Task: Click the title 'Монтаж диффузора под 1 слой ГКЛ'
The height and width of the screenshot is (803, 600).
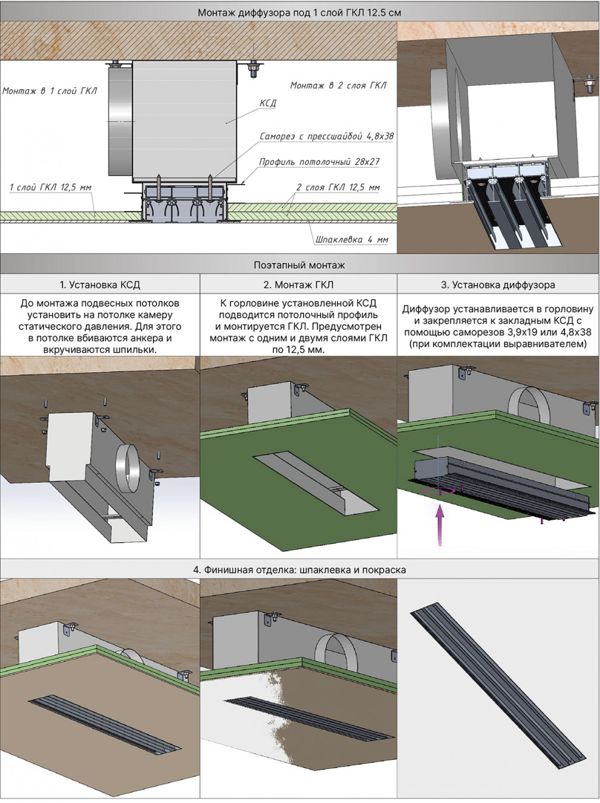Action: coord(281,13)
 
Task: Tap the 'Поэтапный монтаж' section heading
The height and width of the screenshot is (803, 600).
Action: coord(299,265)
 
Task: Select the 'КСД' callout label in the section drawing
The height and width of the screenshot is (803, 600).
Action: coord(268,103)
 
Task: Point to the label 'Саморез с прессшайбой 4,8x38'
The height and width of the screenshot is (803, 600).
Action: coord(327,136)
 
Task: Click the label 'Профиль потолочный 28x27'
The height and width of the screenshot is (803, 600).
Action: coord(319,162)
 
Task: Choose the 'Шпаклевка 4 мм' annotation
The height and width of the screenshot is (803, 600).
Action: coord(351,240)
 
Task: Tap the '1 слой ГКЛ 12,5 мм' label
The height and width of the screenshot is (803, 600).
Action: coord(50,188)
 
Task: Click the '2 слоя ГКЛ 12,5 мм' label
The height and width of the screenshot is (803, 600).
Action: coord(338,188)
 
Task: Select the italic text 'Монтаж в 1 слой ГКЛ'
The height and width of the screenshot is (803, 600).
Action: coord(50,91)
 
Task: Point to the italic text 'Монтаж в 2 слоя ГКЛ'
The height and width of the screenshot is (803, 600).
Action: coord(338,85)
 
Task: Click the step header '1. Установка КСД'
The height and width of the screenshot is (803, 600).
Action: coord(100,284)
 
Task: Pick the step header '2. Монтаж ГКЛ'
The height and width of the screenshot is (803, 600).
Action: coord(298,284)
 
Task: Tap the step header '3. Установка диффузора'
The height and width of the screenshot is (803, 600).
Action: coord(498,284)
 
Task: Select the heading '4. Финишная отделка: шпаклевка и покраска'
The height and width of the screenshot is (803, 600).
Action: coord(299,569)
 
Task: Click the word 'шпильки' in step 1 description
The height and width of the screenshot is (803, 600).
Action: coord(136,350)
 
